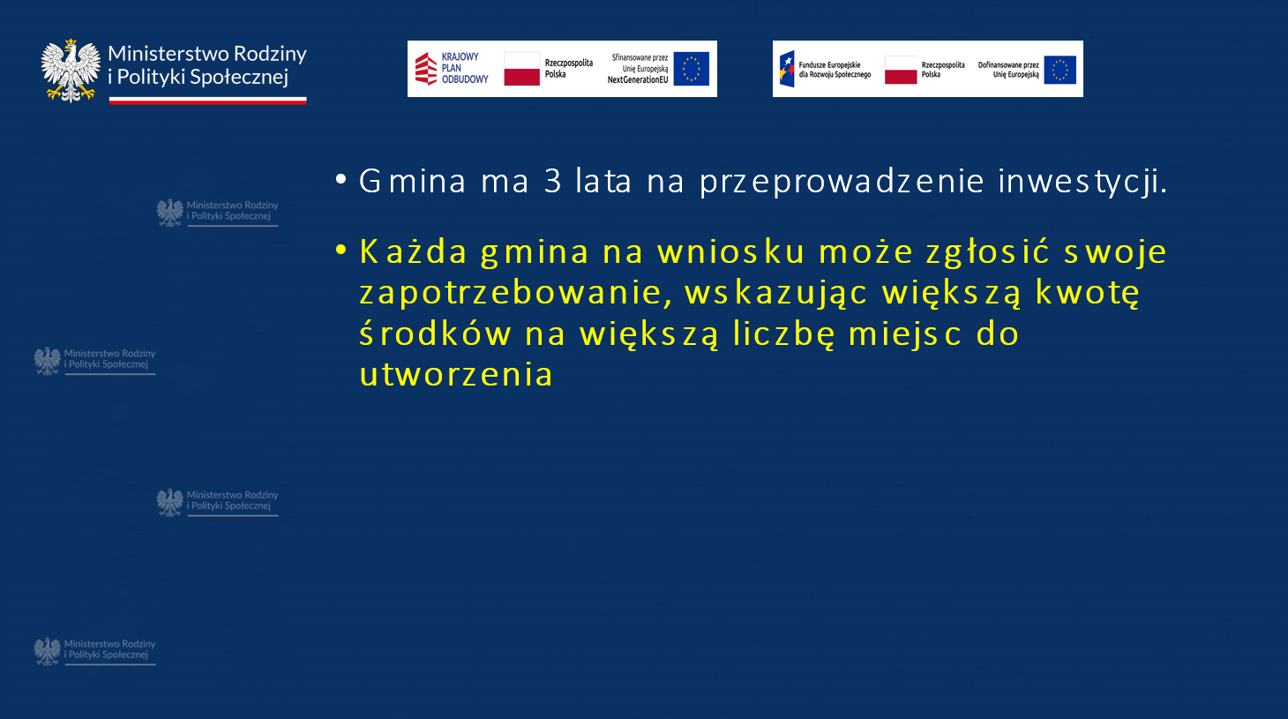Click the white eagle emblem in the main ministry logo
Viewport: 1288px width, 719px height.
pos(71,71)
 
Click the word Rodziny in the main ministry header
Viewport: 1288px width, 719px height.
pos(270,55)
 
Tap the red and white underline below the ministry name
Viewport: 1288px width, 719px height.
pos(207,101)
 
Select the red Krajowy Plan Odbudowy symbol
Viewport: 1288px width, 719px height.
pos(426,69)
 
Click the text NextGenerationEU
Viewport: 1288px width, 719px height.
pos(638,80)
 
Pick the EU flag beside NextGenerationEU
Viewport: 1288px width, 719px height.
pos(691,69)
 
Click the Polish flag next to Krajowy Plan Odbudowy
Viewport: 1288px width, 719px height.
pos(521,69)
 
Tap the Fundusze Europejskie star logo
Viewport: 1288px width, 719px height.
pos(787,69)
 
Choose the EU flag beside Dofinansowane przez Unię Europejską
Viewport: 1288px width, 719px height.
pos(1060,70)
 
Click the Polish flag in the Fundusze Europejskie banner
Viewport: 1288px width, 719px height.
pos(901,70)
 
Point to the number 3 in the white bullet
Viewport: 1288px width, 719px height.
pos(552,181)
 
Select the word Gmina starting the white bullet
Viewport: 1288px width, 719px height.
pos(412,181)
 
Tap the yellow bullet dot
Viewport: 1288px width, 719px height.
pos(341,250)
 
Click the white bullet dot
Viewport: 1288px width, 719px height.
pos(341,179)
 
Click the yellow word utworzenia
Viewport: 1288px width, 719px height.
pos(456,375)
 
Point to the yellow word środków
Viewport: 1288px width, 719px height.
pos(435,333)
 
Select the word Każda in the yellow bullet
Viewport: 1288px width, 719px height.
pos(413,251)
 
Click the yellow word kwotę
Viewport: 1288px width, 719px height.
pos(1088,293)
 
